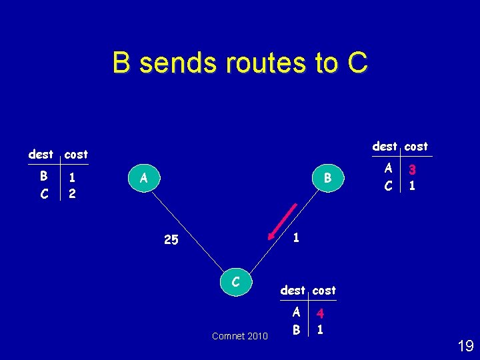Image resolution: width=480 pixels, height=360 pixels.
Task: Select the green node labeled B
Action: coord(327,178)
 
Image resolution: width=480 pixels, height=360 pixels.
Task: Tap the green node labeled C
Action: coord(236,283)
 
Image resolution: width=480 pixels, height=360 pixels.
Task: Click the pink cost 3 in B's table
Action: coord(413,170)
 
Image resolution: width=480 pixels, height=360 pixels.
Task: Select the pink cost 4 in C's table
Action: coord(321,313)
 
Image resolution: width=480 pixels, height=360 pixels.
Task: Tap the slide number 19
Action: coord(465,345)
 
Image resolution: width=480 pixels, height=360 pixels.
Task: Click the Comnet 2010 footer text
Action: coord(240,336)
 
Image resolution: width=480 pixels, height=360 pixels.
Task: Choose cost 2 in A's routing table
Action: coord(72,193)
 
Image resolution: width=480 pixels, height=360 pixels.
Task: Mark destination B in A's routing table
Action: coord(43,177)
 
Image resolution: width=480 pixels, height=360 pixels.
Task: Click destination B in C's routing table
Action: coord(295,329)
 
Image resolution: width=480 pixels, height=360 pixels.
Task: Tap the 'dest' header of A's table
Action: coord(41,154)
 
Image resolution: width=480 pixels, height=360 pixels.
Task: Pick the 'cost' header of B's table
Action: coord(416,146)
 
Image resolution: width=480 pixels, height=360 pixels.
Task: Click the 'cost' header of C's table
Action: coord(324,290)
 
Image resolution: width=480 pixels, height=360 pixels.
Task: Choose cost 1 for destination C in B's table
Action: coord(413,186)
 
